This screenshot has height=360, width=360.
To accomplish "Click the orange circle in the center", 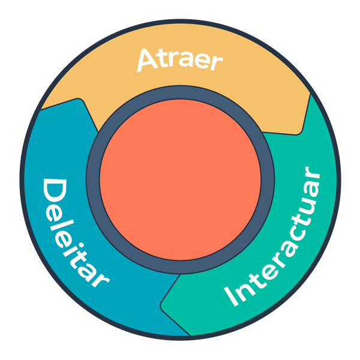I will pos(180,180).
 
